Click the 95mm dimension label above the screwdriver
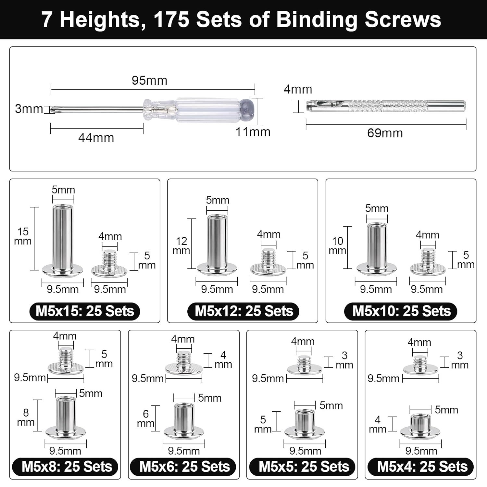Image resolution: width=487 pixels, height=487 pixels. pos(149,81)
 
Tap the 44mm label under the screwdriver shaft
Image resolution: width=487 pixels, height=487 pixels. pos(96,138)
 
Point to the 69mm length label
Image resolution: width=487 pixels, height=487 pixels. pos(385,133)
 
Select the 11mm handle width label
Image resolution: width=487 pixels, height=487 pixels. pos(253,132)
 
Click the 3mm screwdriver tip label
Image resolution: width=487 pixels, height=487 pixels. pos(29,109)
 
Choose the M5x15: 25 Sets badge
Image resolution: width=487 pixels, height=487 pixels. pos(85,311)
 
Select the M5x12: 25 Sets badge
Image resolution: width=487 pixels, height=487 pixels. pos(243,311)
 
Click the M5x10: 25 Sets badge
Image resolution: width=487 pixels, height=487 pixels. pos(401,311)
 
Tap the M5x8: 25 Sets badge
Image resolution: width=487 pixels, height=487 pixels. pos(66,467)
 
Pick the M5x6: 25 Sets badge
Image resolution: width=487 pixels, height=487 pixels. pos(184,467)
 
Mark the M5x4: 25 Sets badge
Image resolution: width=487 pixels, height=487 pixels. pos(421,467)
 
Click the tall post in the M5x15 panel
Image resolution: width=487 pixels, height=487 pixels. pos(63,240)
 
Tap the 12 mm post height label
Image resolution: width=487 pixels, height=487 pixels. pos(181,245)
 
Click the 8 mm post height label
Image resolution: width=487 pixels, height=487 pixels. pos(26,417)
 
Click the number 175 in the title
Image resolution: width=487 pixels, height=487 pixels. pos(171,19)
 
